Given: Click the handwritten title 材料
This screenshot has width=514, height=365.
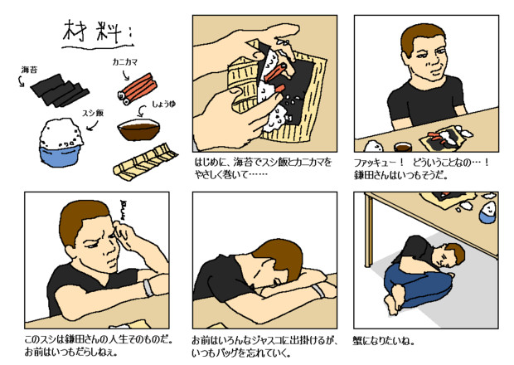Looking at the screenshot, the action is click(93, 33).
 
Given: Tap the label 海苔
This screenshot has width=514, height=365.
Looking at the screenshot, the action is click(30, 70).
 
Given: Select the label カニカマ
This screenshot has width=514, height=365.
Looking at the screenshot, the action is click(125, 62).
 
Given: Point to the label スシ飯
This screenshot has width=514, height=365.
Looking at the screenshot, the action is click(93, 113).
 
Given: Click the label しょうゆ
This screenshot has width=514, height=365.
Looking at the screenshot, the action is click(164, 105).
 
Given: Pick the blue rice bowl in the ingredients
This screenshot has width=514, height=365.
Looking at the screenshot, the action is click(61, 143).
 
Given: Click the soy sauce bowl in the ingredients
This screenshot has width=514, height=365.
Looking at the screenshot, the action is click(138, 129).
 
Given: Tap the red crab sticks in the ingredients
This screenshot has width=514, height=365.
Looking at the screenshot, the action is click(138, 90).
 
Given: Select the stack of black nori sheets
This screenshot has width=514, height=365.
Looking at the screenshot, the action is click(60, 90).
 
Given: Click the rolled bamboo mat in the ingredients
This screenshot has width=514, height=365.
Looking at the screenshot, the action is click(145, 163).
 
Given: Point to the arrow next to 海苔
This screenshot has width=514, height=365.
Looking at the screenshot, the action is click(21, 80).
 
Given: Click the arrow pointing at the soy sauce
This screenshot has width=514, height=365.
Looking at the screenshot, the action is click(142, 111).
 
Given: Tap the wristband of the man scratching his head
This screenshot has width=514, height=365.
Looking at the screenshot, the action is click(148, 288).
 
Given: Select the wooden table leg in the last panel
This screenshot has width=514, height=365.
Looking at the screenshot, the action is click(369, 231).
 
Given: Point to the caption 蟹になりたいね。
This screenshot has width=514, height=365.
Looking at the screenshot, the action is click(384, 341).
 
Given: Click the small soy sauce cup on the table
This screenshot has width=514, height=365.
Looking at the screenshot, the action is click(403, 147).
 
